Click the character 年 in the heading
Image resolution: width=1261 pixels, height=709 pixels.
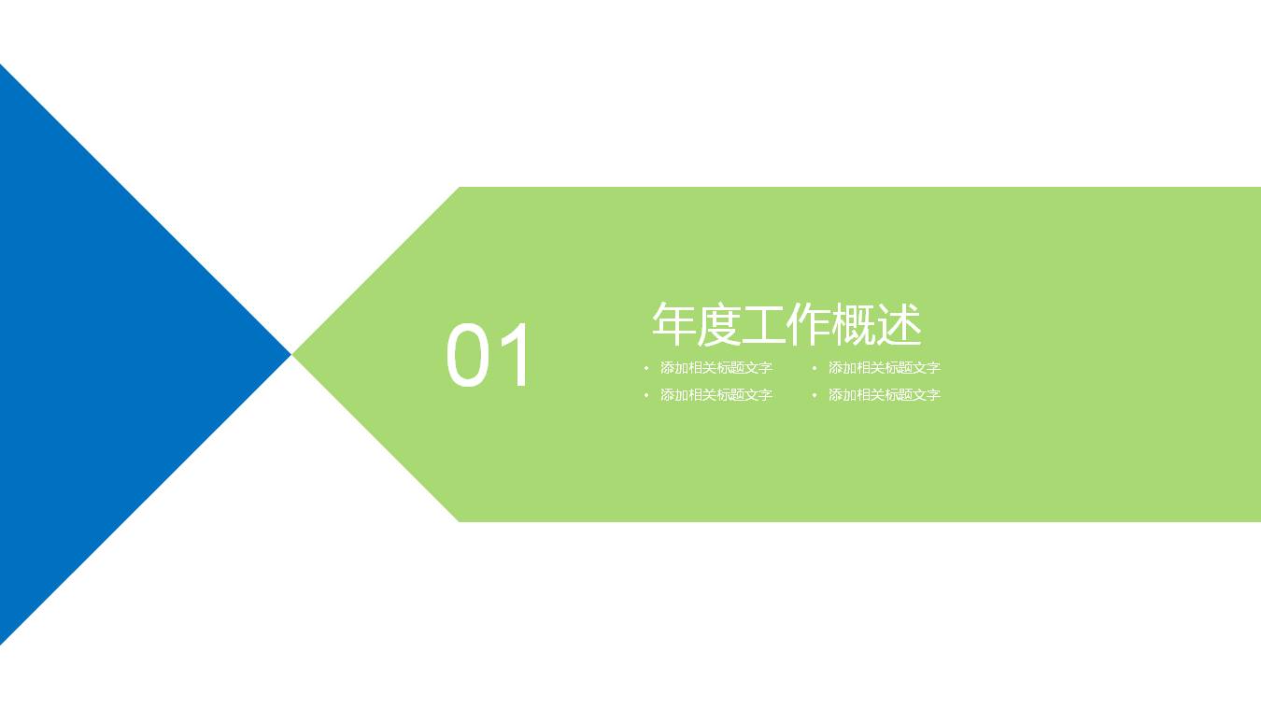674,324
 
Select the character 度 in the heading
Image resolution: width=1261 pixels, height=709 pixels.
719,324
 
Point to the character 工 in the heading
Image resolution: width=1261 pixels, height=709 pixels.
764,324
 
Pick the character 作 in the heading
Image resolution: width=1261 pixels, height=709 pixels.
809,324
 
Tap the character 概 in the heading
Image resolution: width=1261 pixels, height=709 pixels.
854,324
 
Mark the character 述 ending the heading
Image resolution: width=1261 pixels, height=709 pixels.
900,324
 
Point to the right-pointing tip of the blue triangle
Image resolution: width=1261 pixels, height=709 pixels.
290,355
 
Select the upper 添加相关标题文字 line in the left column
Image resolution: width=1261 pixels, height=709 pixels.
716,368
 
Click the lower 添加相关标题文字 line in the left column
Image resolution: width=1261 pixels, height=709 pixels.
716,395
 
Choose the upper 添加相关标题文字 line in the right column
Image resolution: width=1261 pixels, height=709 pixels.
885,368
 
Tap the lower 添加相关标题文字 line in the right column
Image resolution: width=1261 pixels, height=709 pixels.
885,395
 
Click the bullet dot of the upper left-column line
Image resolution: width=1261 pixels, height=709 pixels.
646,368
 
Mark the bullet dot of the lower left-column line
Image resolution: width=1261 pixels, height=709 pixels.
646,395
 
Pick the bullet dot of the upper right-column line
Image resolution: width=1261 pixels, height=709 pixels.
815,368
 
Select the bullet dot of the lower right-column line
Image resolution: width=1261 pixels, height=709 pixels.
815,395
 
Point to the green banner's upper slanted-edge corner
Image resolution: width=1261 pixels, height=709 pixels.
460,188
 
